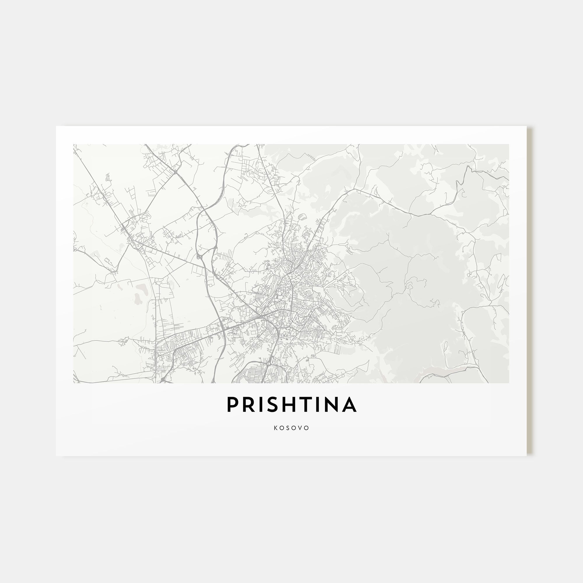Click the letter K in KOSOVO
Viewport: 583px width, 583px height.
coord(276,428)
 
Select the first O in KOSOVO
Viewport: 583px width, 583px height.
coord(282,428)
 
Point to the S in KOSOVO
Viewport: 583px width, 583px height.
coord(289,428)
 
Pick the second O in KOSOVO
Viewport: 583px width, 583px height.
coord(294,428)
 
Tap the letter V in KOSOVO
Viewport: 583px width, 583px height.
coord(301,428)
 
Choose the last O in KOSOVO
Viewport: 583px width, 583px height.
coord(307,428)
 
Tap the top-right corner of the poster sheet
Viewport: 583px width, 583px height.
coord(526,126)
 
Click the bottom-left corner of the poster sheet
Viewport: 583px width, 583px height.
coord(56,456)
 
